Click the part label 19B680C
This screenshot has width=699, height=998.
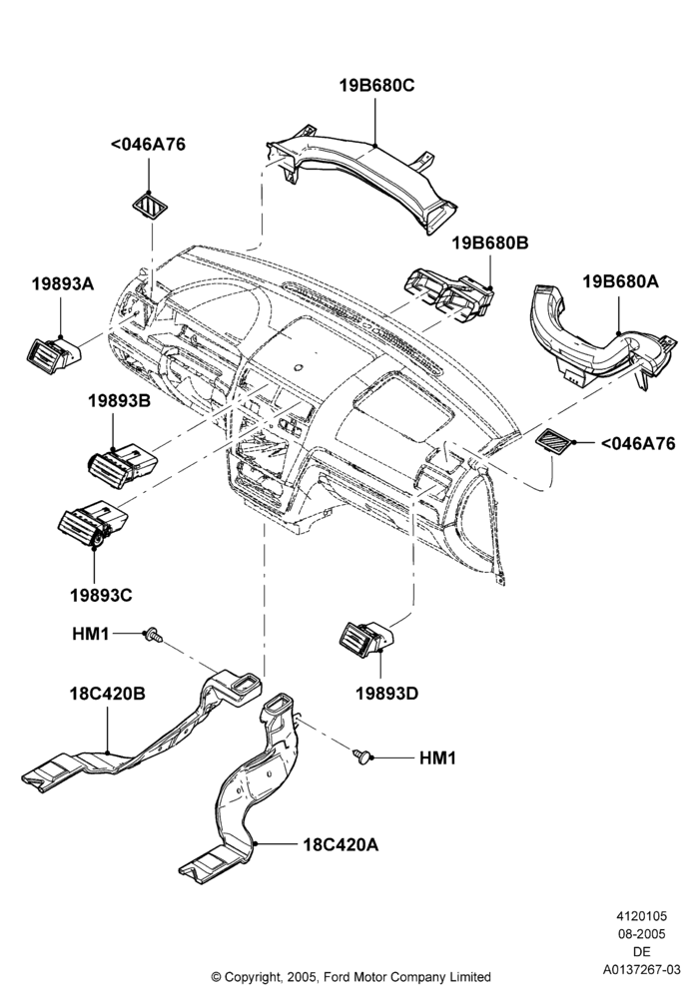click(x=376, y=85)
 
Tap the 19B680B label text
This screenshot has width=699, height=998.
click(x=491, y=243)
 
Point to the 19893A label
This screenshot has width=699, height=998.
click(x=62, y=283)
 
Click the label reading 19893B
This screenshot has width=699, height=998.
click(x=119, y=401)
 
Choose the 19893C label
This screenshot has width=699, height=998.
click(x=101, y=595)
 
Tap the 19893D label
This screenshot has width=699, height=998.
click(x=386, y=694)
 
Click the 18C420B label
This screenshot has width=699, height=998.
click(x=108, y=694)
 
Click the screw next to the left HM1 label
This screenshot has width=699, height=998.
click(x=154, y=634)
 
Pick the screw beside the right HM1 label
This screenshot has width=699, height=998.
click(x=360, y=755)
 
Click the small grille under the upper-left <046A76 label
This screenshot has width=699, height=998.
click(x=149, y=206)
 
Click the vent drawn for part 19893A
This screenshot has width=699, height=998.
click(x=54, y=353)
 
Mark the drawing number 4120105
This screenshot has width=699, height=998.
click(x=641, y=916)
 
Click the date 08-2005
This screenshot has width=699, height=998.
click(x=641, y=934)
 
